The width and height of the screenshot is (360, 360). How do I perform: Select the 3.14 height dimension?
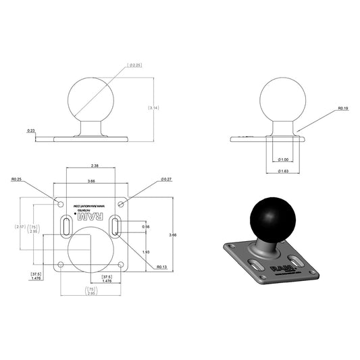(x=153, y=108)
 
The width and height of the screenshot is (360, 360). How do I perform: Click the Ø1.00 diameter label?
(x=284, y=159)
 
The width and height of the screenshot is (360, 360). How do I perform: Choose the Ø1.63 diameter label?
(x=284, y=172)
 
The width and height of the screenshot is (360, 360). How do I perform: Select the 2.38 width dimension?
(x=94, y=165)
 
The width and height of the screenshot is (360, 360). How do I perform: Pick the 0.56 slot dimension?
(x=145, y=227)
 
